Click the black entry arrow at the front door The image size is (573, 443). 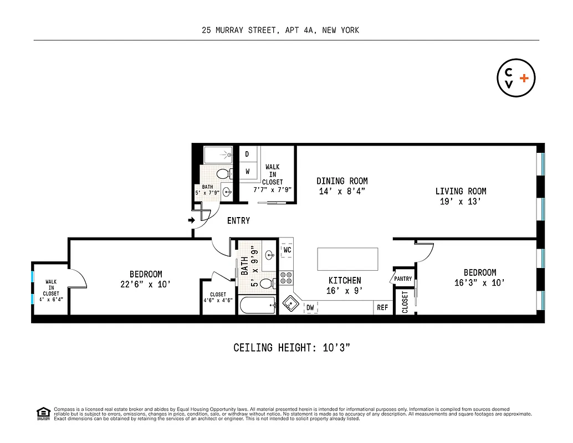(191, 220)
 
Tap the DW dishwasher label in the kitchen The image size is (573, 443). (310, 307)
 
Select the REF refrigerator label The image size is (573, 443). (382, 307)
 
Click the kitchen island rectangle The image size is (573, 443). (347, 258)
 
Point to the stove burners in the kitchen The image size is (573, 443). (286, 277)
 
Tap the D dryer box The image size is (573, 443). (247, 154)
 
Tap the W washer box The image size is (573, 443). (247, 171)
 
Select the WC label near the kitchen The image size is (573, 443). (287, 250)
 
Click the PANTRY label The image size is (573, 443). (403, 279)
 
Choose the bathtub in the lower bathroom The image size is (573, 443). (257, 305)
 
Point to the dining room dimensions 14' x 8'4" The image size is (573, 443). (342, 192)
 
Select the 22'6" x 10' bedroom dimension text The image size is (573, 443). (146, 284)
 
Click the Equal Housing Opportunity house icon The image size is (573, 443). (42, 413)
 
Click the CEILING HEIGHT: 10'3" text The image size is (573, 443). (291, 348)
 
